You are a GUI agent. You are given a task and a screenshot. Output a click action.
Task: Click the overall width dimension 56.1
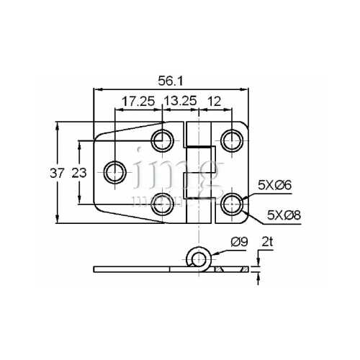click(x=170, y=81)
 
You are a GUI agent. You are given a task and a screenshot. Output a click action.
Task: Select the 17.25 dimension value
click(x=138, y=102)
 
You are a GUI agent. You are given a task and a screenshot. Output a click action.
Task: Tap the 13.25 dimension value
click(x=180, y=102)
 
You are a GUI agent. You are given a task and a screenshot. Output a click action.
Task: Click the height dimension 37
click(x=58, y=173)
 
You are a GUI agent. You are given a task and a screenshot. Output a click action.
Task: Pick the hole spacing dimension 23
click(x=79, y=173)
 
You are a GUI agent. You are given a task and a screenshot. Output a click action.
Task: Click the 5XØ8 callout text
click(x=282, y=214)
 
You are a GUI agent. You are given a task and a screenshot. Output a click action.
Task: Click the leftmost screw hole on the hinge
click(x=114, y=171)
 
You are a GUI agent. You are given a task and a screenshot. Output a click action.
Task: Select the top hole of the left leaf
click(x=161, y=139)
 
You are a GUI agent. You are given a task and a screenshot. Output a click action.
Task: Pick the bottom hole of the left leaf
click(x=161, y=204)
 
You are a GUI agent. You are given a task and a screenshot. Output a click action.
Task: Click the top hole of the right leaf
click(x=230, y=139)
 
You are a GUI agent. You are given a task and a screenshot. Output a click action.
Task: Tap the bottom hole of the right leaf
click(x=230, y=204)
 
